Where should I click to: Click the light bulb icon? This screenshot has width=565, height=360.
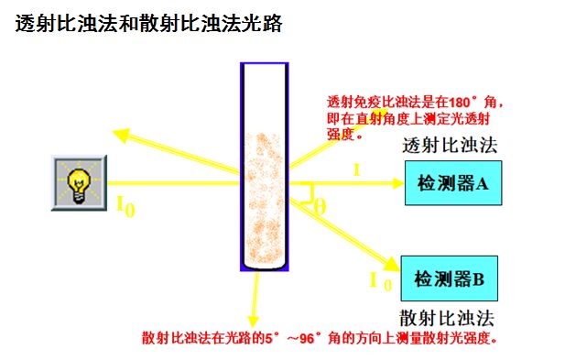point(80,183)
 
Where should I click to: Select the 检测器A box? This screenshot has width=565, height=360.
point(453,183)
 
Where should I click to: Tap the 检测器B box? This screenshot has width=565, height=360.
point(450,278)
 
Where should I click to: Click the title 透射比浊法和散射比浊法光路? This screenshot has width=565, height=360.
point(148,24)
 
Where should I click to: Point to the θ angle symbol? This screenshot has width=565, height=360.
point(320,206)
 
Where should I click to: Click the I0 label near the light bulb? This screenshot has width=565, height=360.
point(125,206)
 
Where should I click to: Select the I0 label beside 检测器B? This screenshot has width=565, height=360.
point(381,281)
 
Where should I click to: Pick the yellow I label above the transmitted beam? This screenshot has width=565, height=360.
point(357,169)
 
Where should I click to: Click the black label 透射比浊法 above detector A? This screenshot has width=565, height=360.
point(450,146)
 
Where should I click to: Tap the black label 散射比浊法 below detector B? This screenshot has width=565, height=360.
point(447,319)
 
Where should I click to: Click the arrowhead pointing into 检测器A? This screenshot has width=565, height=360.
point(397,183)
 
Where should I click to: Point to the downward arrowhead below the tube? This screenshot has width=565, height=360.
point(254,322)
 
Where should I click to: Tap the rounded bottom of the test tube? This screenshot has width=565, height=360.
point(265,265)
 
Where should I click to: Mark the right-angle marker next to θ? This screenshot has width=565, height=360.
point(308,194)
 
